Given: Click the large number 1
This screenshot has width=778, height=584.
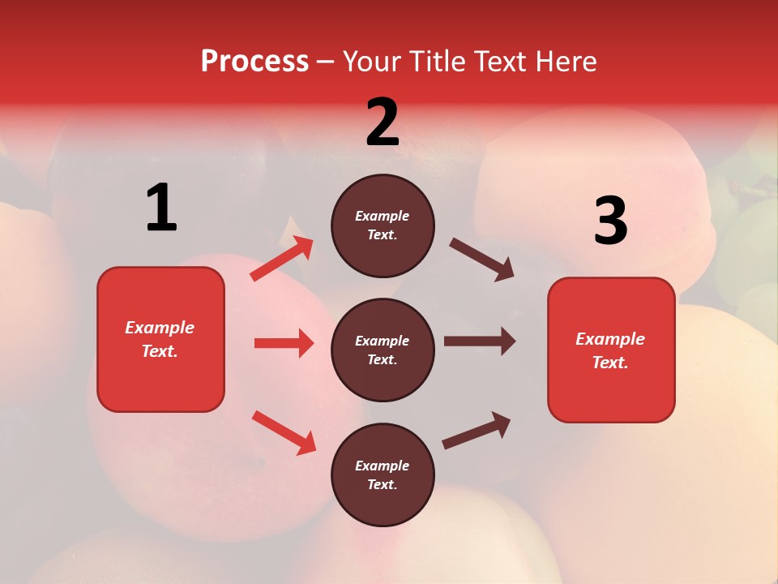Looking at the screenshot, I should pyautogui.click(x=161, y=208).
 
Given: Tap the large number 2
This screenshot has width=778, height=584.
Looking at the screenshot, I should pyautogui.click(x=383, y=122).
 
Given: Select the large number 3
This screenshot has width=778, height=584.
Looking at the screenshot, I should pyautogui.click(x=610, y=221).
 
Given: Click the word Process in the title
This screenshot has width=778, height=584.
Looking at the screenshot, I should pyautogui.click(x=254, y=61).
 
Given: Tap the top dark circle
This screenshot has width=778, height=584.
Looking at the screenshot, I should pyautogui.click(x=383, y=225).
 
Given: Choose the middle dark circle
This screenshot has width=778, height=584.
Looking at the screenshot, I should pyautogui.click(x=383, y=350).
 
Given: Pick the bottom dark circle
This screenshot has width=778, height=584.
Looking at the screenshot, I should pyautogui.click(x=383, y=474).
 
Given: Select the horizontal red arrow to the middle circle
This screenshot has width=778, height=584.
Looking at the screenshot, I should pyautogui.click(x=284, y=343).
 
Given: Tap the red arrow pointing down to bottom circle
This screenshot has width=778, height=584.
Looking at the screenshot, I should pyautogui.click(x=284, y=432).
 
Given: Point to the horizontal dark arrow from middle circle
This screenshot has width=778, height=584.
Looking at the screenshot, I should pyautogui.click(x=480, y=341).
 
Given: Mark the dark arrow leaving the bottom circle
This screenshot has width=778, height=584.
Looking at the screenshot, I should pyautogui.click(x=477, y=430).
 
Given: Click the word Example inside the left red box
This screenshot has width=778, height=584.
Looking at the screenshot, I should pyautogui.click(x=160, y=328).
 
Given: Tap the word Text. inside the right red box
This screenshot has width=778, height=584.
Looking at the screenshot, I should pyautogui.click(x=610, y=363).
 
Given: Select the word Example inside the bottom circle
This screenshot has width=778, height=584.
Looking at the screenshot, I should pyautogui.click(x=383, y=466).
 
